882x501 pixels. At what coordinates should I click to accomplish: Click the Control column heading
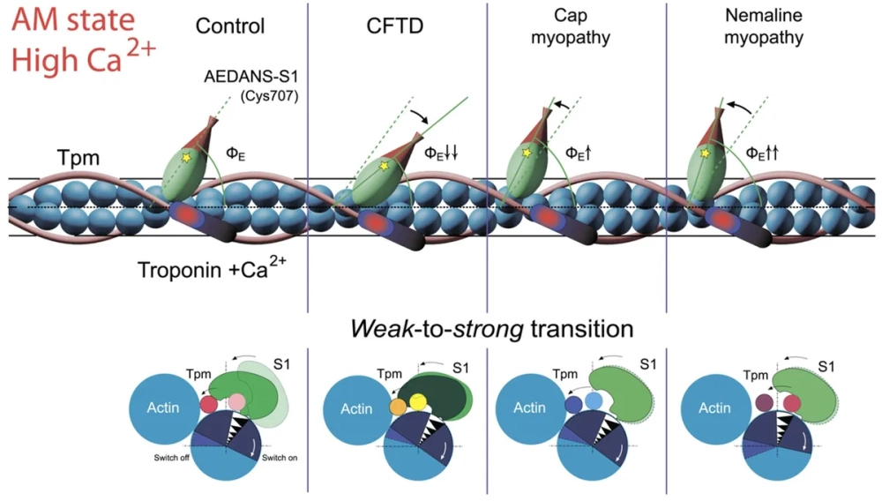(x=230, y=26)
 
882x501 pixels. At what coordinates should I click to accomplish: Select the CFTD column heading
(x=395, y=26)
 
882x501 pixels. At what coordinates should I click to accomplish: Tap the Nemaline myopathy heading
(x=763, y=27)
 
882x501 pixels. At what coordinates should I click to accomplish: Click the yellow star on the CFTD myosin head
(x=382, y=163)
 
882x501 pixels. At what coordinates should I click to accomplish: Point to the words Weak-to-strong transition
(x=492, y=329)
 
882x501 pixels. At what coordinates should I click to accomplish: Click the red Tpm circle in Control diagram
(x=209, y=405)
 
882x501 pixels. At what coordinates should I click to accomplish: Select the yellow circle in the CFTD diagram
(x=417, y=402)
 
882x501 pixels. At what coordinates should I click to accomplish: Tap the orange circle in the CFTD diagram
(x=398, y=408)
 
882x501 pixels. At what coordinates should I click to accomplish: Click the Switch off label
(x=169, y=457)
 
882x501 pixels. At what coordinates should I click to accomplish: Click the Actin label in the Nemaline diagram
(x=714, y=408)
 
